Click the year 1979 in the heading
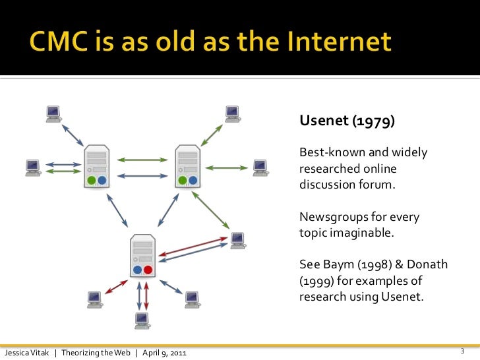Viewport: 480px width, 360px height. click(x=374, y=122)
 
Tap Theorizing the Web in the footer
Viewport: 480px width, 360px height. click(x=98, y=353)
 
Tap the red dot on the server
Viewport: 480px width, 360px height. click(x=148, y=270)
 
